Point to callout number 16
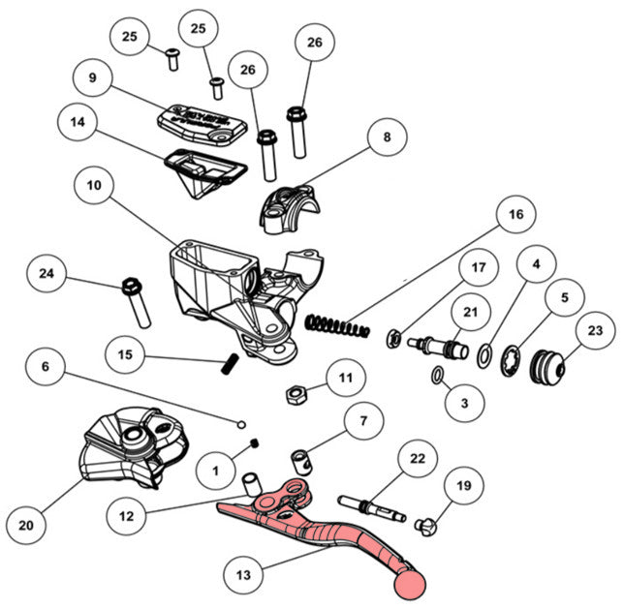pyautogui.click(x=515, y=213)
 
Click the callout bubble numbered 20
pyautogui.click(x=27, y=524)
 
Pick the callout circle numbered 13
pyautogui.click(x=243, y=575)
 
